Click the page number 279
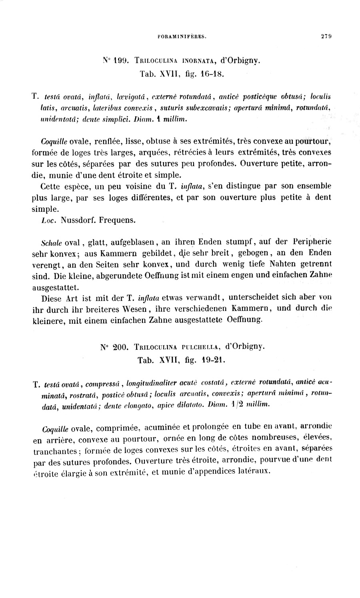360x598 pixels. point(326,36)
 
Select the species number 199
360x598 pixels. point(120,61)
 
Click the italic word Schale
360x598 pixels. point(51,243)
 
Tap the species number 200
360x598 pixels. point(120,347)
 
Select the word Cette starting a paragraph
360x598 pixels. point(51,186)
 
